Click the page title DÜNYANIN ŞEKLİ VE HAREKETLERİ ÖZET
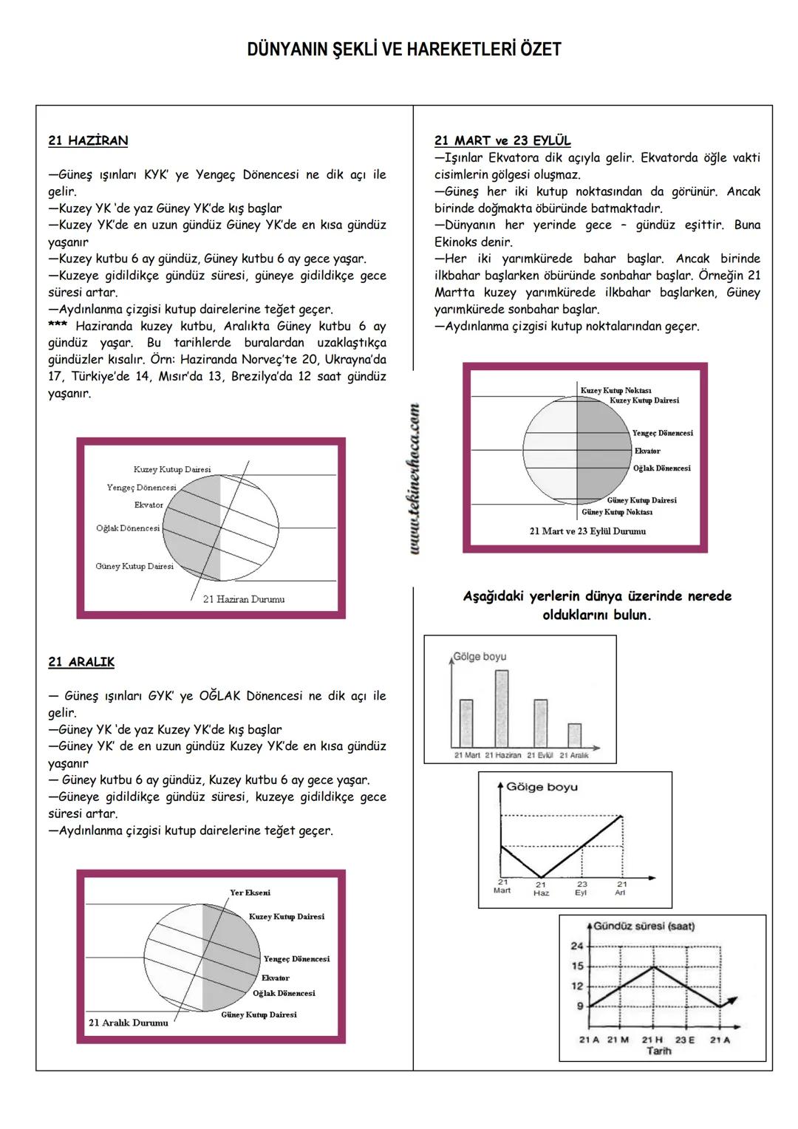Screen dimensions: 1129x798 coord(404,50)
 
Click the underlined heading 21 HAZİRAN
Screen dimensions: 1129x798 coord(88,140)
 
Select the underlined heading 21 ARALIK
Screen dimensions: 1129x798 coord(81,662)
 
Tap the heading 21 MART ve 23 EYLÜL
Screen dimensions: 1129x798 coord(502,140)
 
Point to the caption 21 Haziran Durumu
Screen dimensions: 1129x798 coord(244,599)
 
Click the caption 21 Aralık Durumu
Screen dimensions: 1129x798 coord(129,1023)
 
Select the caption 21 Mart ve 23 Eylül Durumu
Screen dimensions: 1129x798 coord(587,531)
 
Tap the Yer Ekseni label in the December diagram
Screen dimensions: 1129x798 coord(250,893)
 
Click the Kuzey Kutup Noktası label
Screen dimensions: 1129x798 coord(615,390)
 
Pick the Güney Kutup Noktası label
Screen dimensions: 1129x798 coord(617,512)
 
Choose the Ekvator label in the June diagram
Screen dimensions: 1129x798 coord(149,505)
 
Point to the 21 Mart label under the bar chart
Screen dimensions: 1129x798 coord(467,755)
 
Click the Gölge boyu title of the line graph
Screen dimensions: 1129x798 coord(542,787)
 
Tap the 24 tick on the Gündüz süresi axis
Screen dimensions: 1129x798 coord(577,946)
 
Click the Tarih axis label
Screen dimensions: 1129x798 coord(659,1051)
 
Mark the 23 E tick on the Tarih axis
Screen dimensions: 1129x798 coord(685,1040)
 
